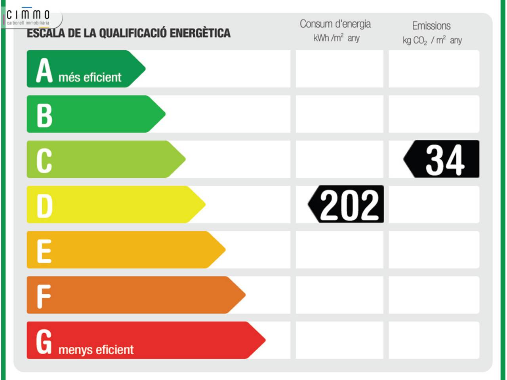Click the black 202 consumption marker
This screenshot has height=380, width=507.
click(x=346, y=204)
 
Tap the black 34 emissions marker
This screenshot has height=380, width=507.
click(x=442, y=159)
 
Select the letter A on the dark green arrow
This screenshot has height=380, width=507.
click(x=44, y=70)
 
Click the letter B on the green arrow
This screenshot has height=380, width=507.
click(x=44, y=115)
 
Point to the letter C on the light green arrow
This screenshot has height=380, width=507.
click(x=44, y=160)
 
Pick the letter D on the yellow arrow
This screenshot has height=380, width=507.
click(x=44, y=206)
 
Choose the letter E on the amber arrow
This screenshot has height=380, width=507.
click(x=44, y=251)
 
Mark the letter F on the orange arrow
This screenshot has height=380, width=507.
click(x=44, y=296)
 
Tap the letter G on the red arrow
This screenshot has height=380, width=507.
click(x=44, y=341)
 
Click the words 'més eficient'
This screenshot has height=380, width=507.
click(x=90, y=77)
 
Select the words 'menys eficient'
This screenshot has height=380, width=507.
click(x=96, y=350)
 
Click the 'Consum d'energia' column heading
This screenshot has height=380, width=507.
click(x=335, y=24)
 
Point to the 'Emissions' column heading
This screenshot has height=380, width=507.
click(x=431, y=26)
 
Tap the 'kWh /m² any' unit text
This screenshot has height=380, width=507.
click(x=336, y=38)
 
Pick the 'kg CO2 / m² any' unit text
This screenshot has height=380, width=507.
click(x=432, y=40)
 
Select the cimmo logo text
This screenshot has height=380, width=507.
click(x=28, y=15)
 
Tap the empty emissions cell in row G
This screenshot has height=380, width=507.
click(x=434, y=340)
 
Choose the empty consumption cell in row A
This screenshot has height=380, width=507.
click(x=339, y=69)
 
